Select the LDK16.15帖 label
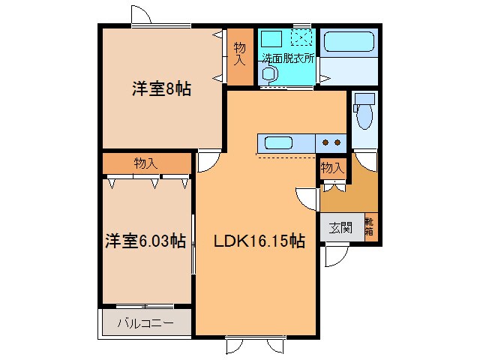coord(259,241)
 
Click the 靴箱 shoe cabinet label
coord(370,226)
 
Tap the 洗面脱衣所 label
coord(288,59)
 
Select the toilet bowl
coord(364,118)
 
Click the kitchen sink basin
coord(278,142)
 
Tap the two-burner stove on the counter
coord(332,141)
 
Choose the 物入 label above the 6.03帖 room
coord(145,163)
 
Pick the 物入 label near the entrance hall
coord(332,168)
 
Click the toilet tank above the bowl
coord(364,98)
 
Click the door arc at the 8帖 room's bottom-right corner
coord(207,161)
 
